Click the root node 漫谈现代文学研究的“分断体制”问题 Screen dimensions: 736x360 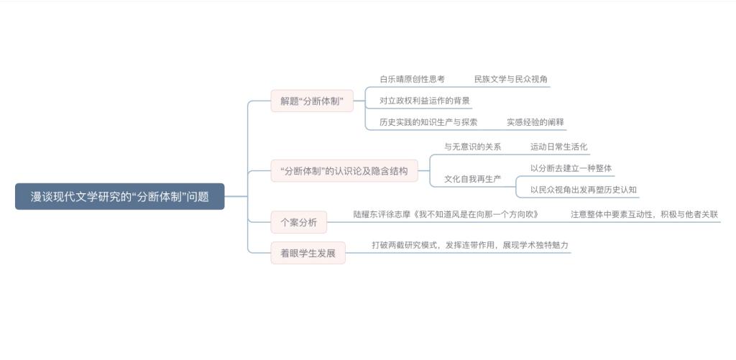[120, 196]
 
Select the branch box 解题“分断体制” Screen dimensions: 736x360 [312, 101]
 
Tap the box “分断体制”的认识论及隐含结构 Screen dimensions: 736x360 [344, 171]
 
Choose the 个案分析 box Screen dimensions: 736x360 [298, 223]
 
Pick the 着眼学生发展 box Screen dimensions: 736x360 [308, 253]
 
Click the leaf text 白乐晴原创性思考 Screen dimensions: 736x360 [412, 79]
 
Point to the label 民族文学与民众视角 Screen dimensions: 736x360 [511, 79]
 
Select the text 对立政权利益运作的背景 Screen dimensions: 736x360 [425, 101]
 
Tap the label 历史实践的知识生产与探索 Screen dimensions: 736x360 [428, 122]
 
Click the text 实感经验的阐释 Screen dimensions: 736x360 [535, 122]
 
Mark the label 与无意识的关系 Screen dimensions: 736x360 [473, 147]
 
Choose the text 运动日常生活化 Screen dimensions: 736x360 [558, 147]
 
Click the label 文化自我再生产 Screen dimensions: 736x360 [473, 179]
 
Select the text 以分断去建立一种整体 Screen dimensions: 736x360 [571, 168]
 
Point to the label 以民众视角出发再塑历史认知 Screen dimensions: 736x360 [584, 190]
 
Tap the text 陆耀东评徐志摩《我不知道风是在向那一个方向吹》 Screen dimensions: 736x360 [446, 215]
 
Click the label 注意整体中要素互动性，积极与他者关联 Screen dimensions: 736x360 [645, 215]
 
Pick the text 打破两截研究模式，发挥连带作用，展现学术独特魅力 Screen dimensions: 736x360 [470, 245]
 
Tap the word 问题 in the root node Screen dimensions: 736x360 [198, 196]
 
